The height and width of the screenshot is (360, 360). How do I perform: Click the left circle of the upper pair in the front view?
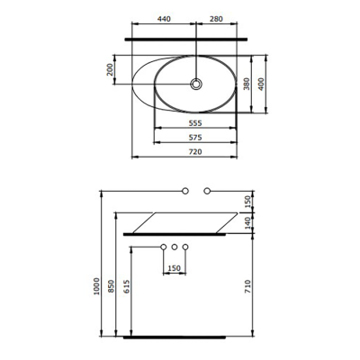(x=185, y=191)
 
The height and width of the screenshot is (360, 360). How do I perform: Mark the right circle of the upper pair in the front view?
(x=207, y=191)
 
